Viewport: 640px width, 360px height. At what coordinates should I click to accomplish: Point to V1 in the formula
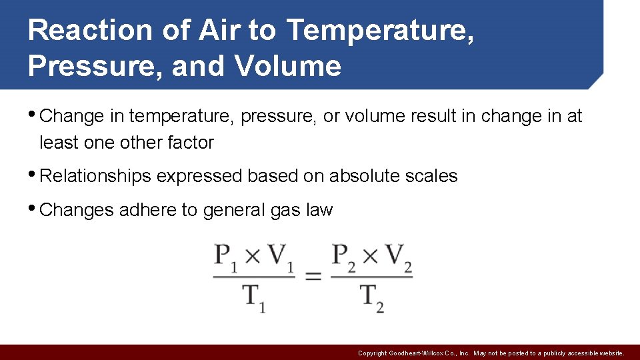[281, 257]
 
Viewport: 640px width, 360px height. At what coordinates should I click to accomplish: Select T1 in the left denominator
[254, 295]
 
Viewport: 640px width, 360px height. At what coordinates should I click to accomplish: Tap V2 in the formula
[398, 257]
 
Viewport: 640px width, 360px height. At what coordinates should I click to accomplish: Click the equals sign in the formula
[313, 276]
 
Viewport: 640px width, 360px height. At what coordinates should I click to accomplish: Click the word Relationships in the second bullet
[95, 176]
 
